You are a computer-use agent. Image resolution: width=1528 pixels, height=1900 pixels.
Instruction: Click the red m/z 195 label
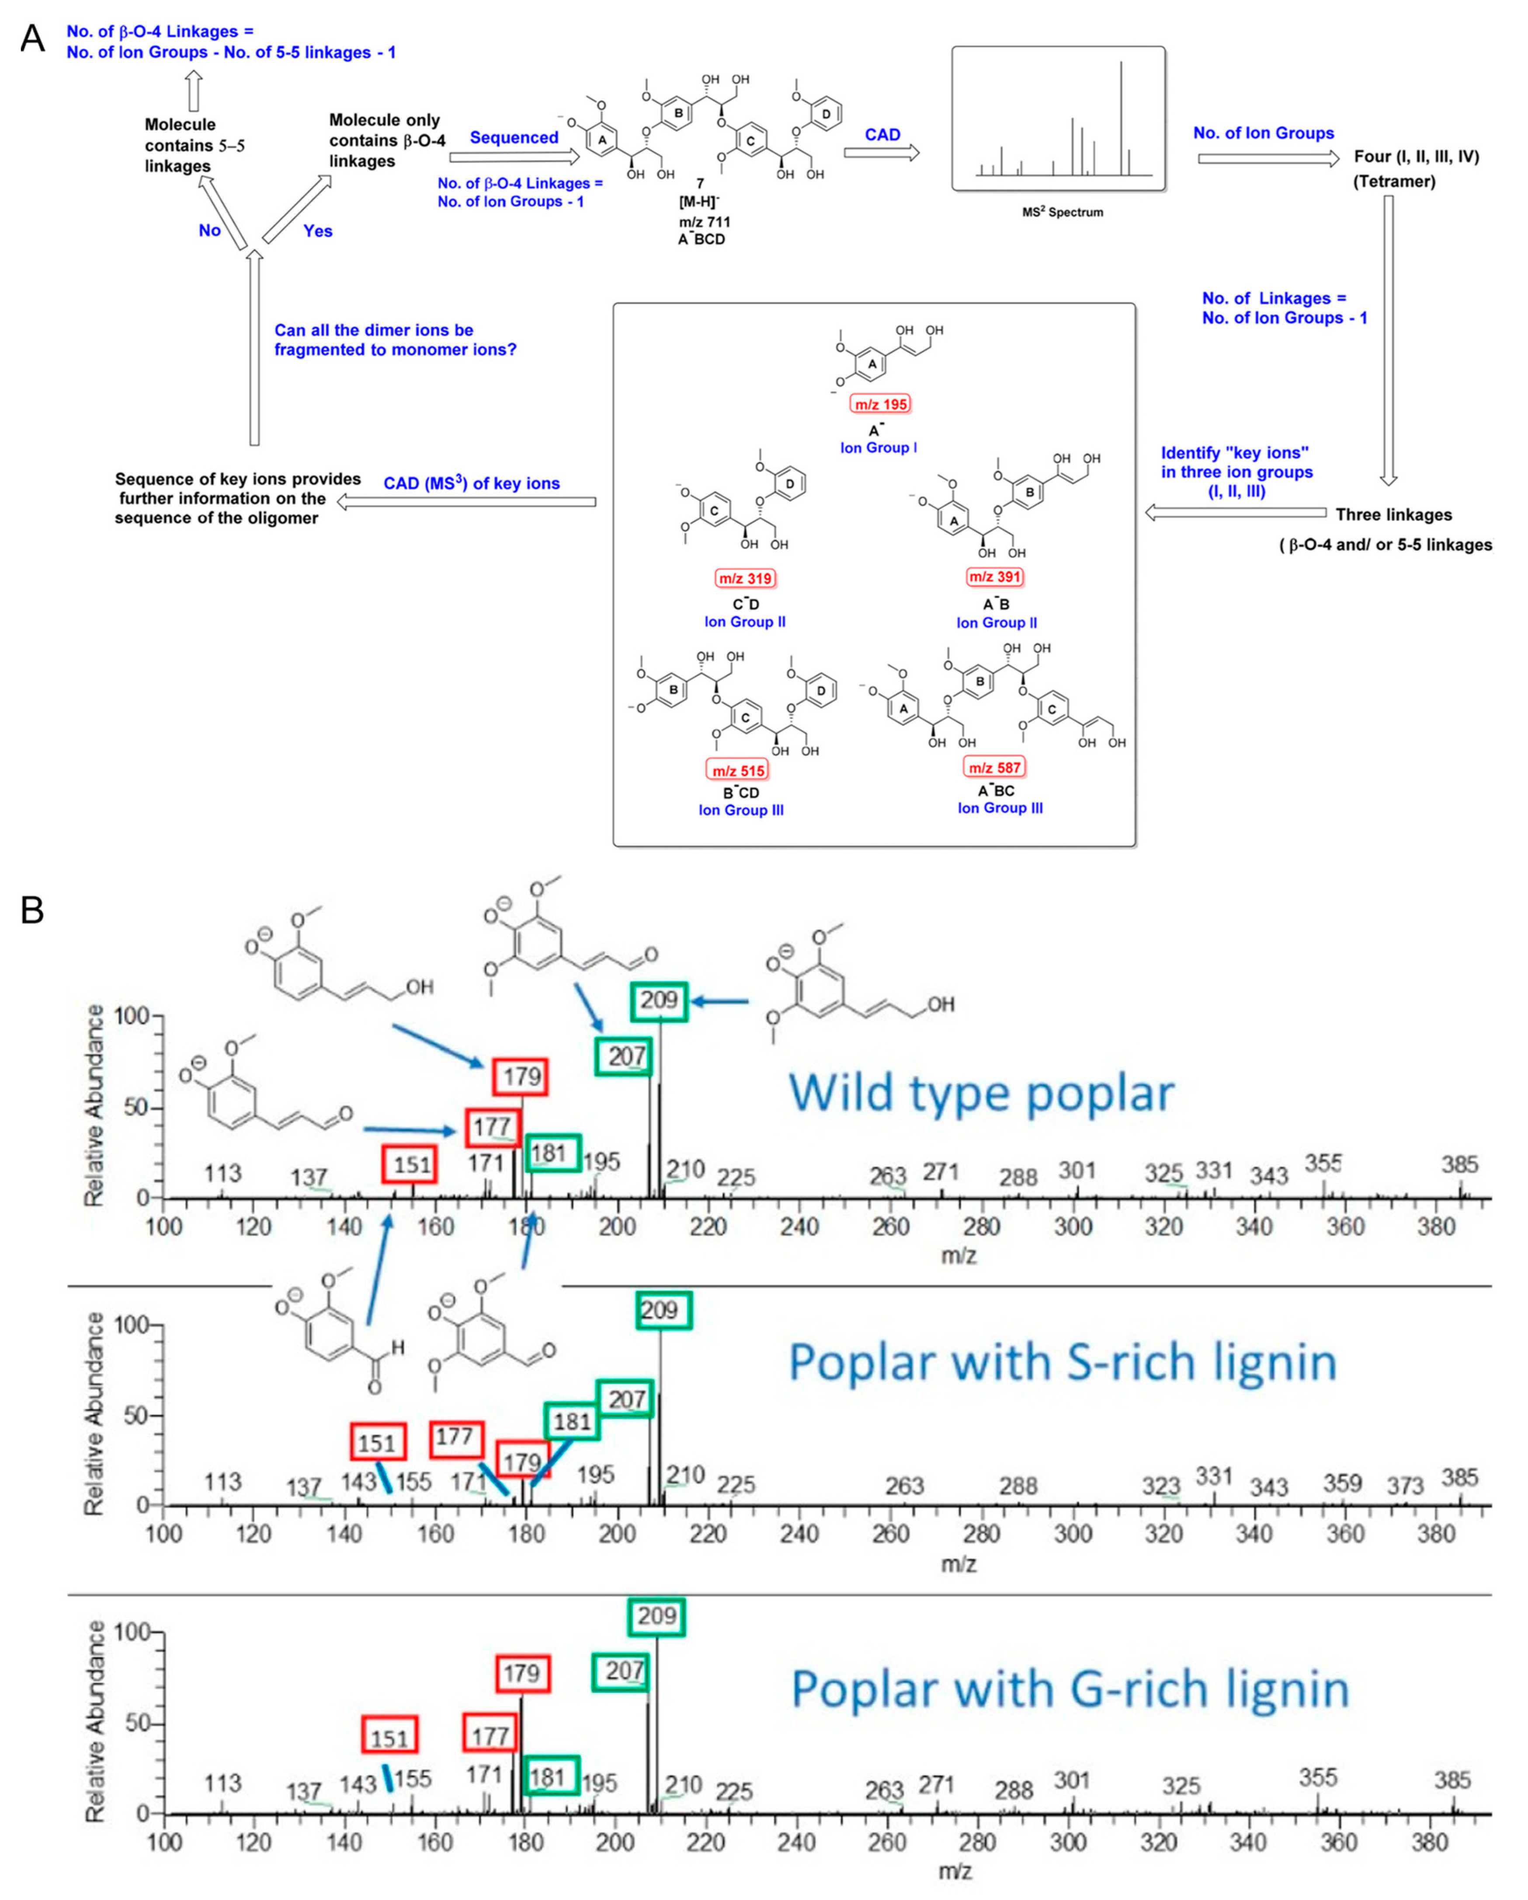(x=880, y=404)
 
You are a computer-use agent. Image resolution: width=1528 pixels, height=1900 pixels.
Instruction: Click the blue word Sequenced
(x=514, y=138)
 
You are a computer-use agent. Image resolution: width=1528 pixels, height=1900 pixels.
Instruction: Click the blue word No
(x=209, y=231)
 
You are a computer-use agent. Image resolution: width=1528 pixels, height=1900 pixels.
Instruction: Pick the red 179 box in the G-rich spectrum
(x=523, y=1674)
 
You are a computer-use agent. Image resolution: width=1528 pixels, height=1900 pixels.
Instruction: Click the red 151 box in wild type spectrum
(x=411, y=1165)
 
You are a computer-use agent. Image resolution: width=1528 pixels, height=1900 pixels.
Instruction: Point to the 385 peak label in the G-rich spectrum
(x=1452, y=1780)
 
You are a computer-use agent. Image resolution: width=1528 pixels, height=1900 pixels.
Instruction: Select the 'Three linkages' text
(x=1393, y=514)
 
